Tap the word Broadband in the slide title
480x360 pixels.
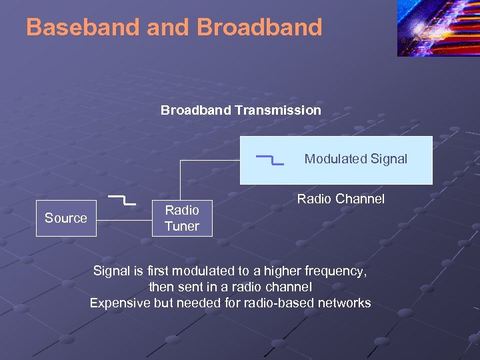260,27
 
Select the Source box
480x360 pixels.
66,218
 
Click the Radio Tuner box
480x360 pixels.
182,218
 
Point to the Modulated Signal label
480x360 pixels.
355,159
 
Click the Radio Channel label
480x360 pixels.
341,199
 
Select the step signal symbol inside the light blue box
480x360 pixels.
270,159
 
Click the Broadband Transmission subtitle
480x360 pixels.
241,110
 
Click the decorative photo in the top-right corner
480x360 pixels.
438,29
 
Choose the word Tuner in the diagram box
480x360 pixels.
182,226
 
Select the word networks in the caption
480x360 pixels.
345,303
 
